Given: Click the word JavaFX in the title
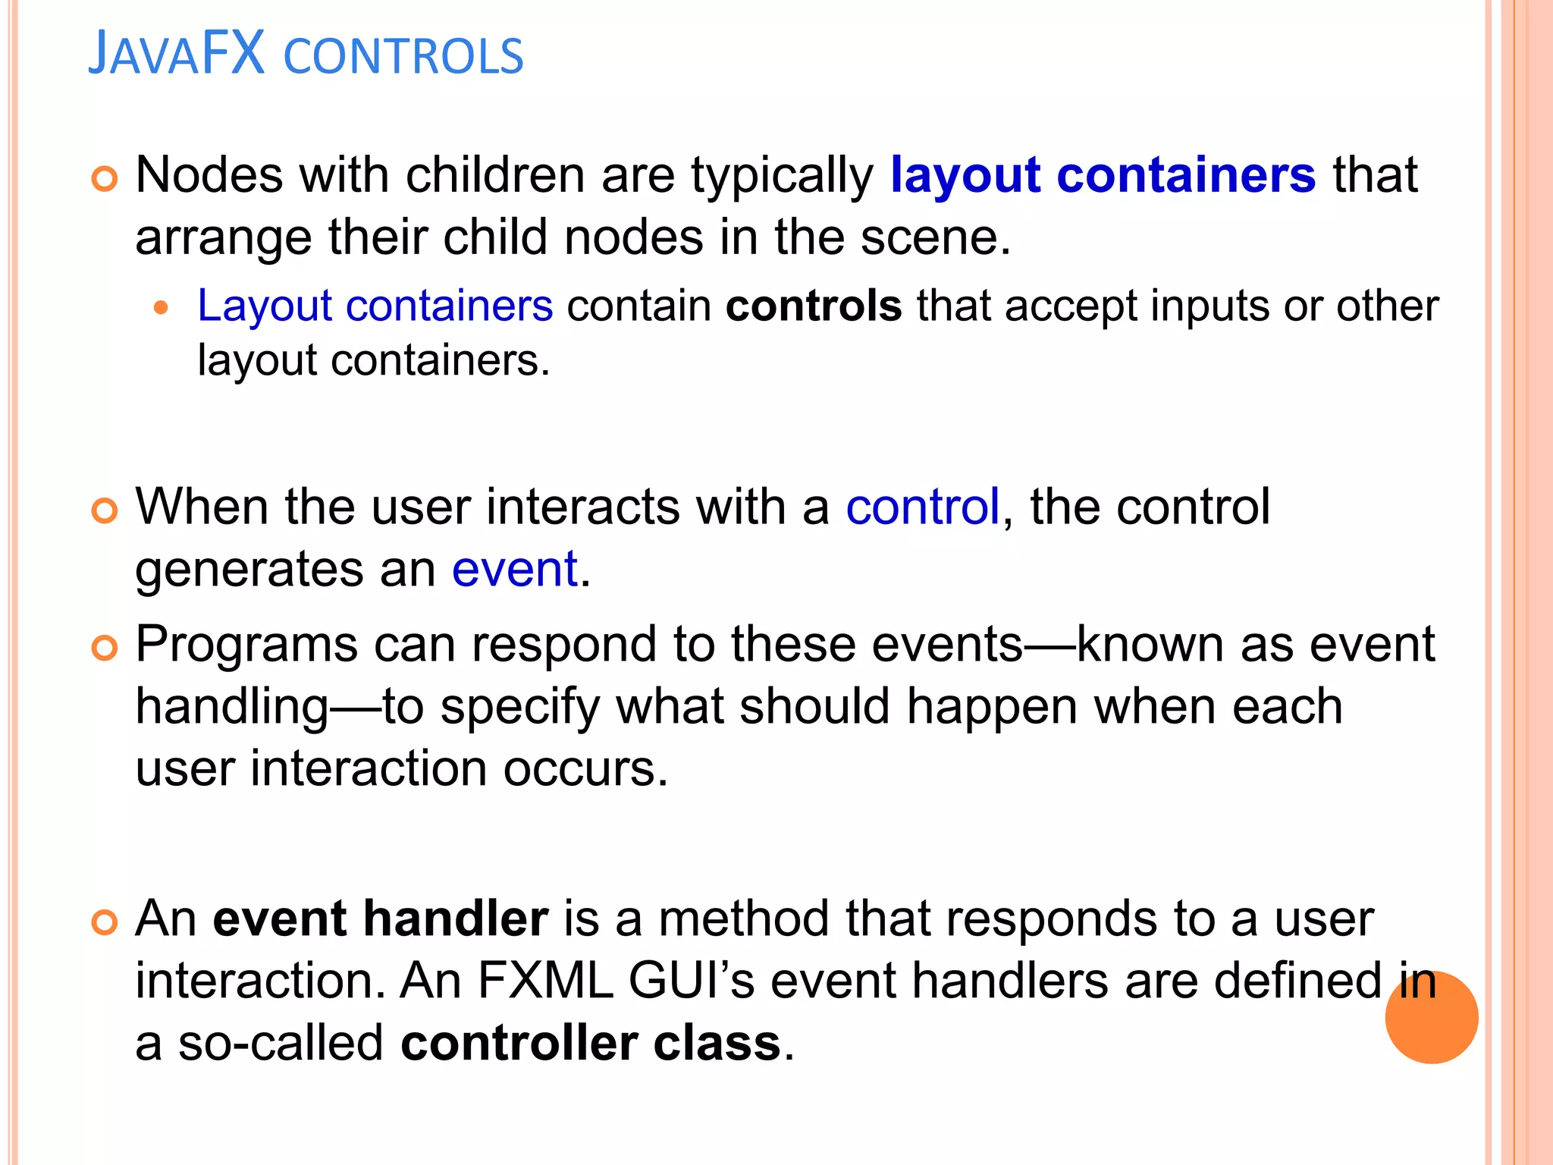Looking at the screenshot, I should pos(177,55).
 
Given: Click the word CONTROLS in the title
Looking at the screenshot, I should pos(403,57).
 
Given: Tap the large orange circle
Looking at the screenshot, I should pos(1431,1017).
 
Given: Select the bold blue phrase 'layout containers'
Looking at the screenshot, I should pos(1103,176).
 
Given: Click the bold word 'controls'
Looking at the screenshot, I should pos(814,306).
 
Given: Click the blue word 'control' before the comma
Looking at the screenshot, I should pos(922,507).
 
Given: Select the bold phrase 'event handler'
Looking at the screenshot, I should pos(381,918).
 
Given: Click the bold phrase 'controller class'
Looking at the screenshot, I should pos(591,1043).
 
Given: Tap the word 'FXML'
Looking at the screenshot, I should pos(544,981).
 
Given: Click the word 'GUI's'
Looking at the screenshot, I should pos(691,981).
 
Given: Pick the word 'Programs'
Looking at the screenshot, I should pos(246,645).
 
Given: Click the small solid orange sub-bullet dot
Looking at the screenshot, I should pos(160,308).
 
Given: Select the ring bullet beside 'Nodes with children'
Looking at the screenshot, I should pos(105,179).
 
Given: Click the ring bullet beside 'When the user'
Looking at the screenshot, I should pos(105,510).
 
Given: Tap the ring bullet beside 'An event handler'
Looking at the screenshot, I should pos(105,922).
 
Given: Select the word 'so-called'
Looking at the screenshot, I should pos(281,1043).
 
